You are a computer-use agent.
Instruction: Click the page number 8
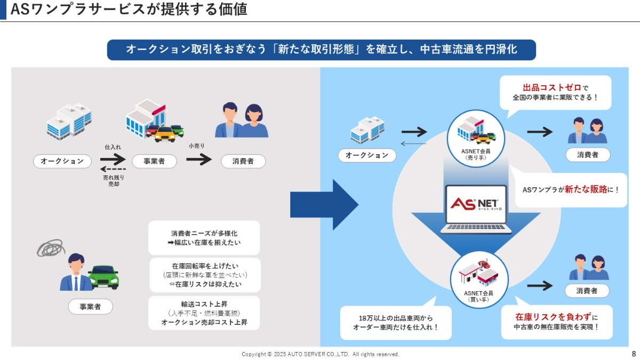pos(634,354)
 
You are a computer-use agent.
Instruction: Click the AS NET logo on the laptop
pos(474,204)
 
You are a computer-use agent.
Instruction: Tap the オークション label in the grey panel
pos(62,161)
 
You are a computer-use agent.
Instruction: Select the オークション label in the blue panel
pos(367,155)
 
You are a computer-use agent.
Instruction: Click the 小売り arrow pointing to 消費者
pos(199,159)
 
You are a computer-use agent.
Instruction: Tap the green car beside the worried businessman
pos(103,276)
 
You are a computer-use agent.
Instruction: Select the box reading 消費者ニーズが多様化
pos(204,237)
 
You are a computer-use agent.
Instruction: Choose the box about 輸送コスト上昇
pos(204,313)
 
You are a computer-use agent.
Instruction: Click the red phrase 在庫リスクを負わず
pos(553,316)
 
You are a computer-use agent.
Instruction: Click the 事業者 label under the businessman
pos(90,307)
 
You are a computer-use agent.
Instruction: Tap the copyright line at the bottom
pos(320,354)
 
